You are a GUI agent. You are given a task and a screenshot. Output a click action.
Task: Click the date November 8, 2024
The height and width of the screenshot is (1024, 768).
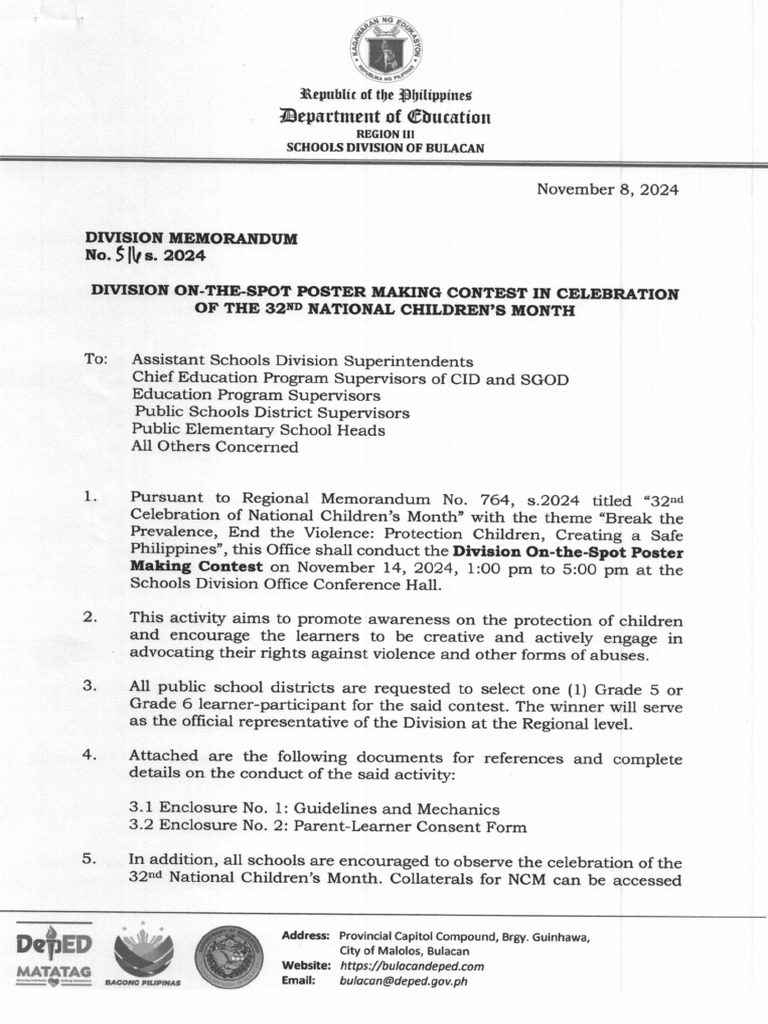tap(607, 189)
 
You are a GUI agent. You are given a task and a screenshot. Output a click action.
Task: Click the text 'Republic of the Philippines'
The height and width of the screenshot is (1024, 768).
tap(385, 97)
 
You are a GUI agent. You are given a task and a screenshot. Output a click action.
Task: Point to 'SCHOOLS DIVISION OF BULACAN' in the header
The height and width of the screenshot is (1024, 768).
tap(385, 146)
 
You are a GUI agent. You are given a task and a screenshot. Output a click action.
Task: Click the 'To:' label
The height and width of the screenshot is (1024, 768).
tap(96, 359)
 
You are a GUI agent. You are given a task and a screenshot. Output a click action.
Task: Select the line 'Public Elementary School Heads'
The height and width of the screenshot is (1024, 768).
tap(258, 429)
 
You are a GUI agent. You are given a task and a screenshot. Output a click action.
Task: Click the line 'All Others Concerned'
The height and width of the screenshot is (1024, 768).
tap(214, 447)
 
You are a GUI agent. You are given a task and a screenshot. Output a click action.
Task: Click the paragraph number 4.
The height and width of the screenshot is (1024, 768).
tap(90, 757)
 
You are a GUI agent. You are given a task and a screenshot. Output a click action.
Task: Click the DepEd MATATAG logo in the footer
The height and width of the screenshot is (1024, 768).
tap(54, 956)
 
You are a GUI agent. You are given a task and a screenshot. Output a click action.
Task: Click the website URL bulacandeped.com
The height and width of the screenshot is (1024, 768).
tap(412, 966)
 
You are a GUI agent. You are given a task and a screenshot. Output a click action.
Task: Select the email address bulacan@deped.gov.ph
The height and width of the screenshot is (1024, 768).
tap(403, 981)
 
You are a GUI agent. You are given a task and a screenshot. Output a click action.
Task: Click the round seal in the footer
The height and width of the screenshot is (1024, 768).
tap(228, 956)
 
